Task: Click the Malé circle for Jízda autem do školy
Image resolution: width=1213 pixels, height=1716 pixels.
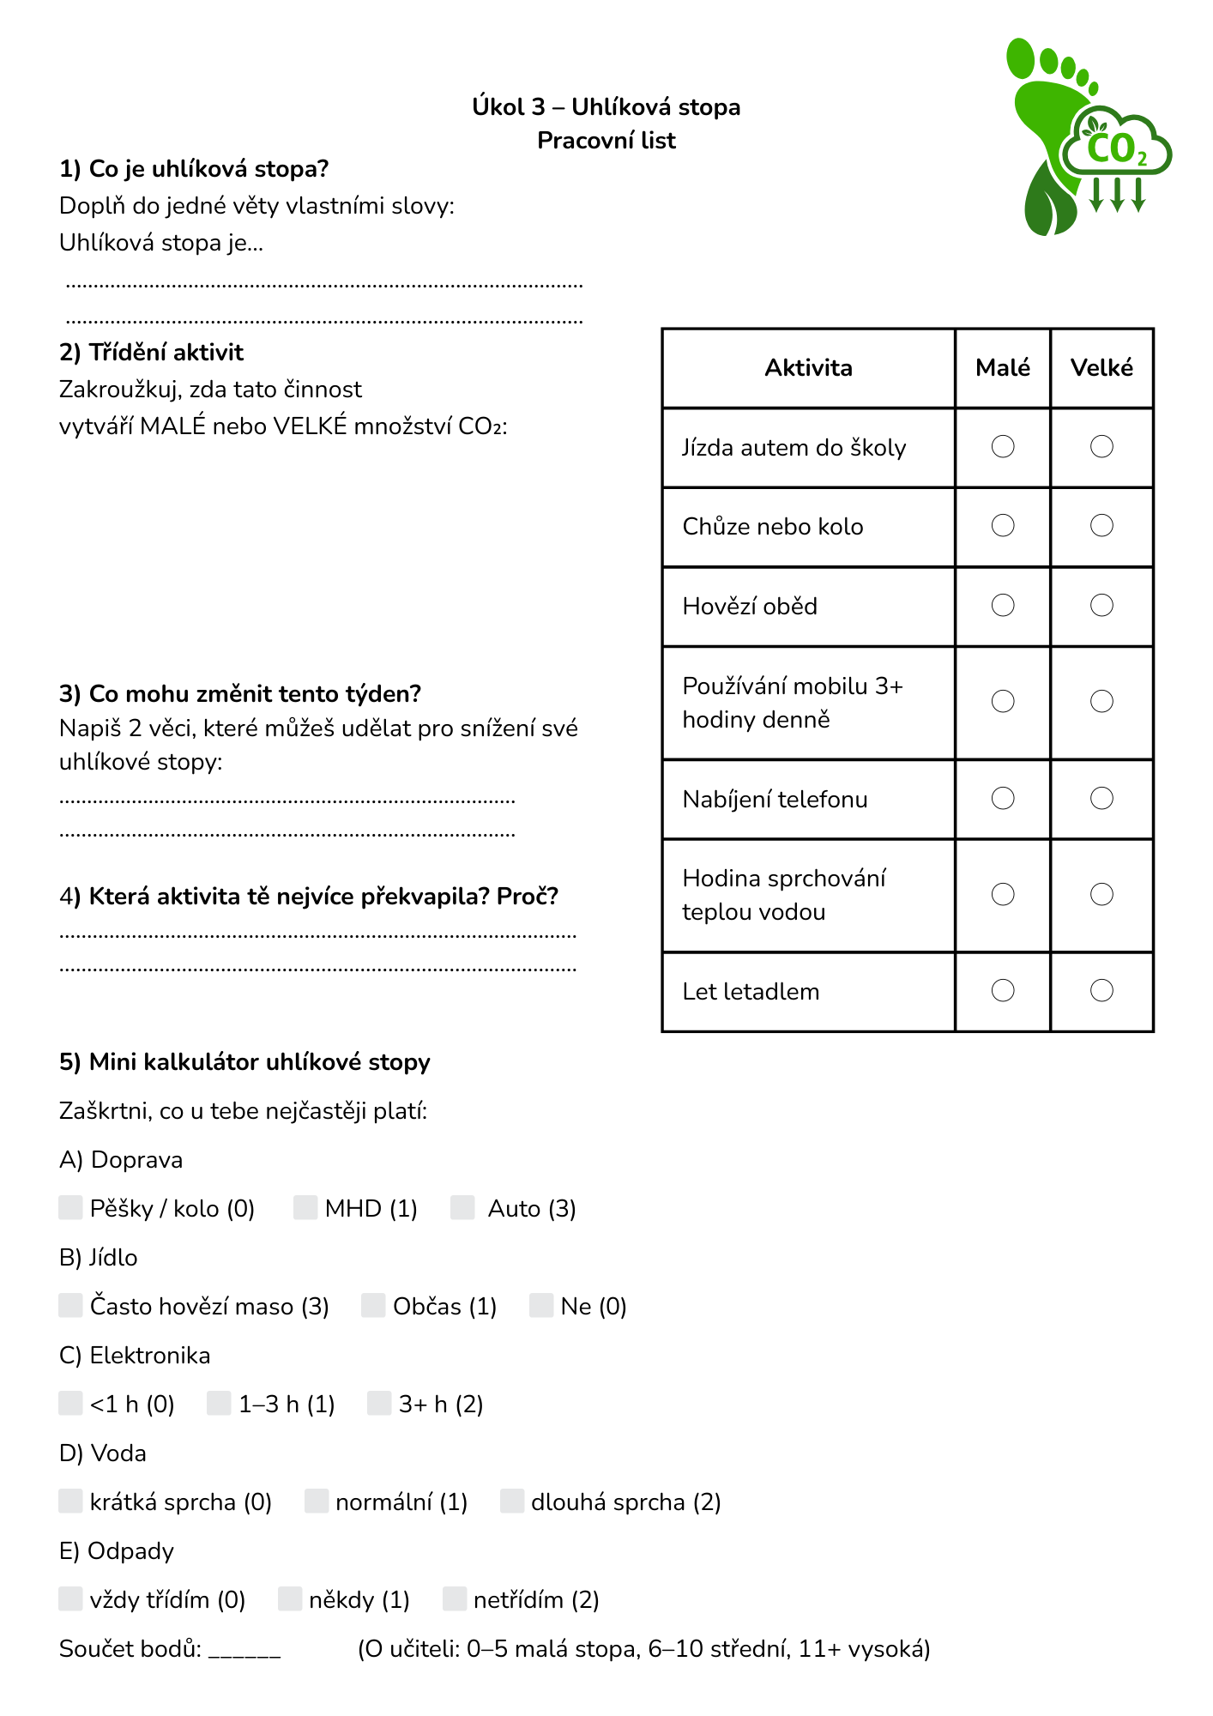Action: point(1003,446)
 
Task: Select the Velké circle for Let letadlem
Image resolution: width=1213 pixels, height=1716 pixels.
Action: point(1101,991)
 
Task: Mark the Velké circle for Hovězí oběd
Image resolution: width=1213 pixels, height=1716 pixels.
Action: point(1101,606)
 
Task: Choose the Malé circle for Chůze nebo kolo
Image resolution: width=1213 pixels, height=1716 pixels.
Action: point(1003,525)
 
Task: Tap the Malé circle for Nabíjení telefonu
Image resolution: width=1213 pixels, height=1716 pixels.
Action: point(1003,799)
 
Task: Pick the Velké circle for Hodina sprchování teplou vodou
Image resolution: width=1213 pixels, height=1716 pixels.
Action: point(1101,895)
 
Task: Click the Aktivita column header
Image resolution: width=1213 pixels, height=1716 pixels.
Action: point(808,368)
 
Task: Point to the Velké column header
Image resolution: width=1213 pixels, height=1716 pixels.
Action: point(1101,368)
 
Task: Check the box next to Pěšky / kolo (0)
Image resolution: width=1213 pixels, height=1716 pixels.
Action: point(70,1207)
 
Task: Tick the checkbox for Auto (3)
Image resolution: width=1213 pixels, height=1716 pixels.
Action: point(462,1207)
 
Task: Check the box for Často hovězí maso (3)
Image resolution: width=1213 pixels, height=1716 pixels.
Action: point(70,1305)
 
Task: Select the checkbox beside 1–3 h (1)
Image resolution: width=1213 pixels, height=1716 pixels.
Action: point(219,1403)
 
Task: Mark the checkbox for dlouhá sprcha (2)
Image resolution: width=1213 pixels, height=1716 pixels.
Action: point(512,1501)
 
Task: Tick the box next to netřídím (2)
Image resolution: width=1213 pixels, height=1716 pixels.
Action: point(454,1598)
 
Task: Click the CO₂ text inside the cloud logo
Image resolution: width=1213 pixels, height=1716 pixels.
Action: point(1116,149)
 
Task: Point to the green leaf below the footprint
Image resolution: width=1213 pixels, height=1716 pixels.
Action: point(1049,202)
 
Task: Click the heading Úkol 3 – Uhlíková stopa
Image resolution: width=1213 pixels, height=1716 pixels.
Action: point(606,107)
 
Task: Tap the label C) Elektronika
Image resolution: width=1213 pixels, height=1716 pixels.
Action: point(135,1356)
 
